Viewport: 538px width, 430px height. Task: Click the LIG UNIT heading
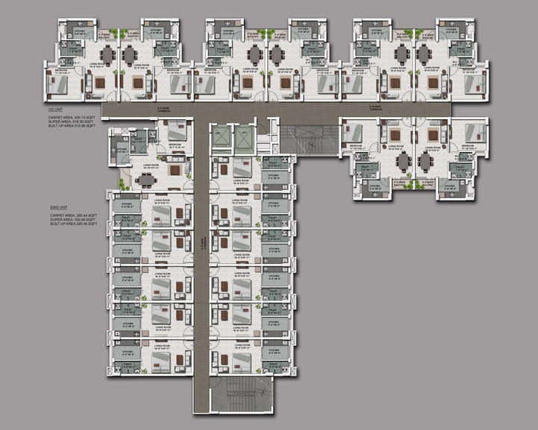55,109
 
